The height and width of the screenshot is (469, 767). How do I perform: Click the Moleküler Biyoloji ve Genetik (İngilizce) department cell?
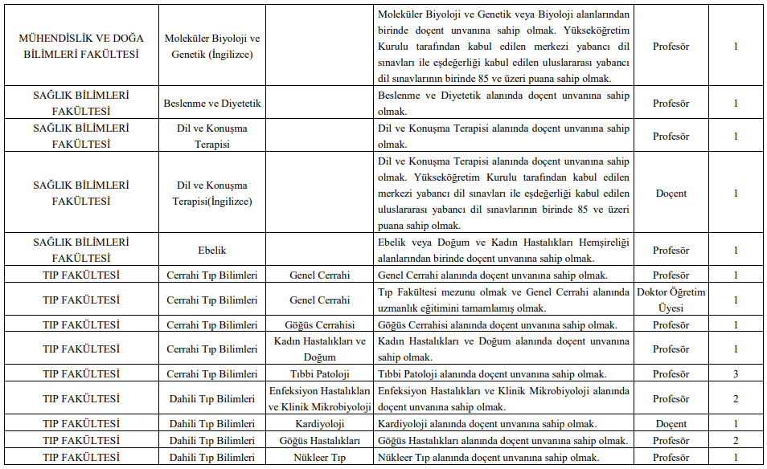[x=212, y=47]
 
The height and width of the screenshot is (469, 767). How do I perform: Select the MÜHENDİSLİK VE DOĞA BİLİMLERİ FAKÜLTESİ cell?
[x=80, y=47]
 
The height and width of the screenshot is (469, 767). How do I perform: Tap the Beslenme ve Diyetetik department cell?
[x=212, y=104]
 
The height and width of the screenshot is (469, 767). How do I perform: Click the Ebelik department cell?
[x=212, y=250]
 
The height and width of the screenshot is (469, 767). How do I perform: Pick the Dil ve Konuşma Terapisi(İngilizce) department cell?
[x=212, y=194]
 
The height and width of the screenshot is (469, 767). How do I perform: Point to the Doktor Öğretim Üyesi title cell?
[x=671, y=300]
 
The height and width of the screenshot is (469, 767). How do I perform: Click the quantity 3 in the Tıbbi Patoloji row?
[x=735, y=374]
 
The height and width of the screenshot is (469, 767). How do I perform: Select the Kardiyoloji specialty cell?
[x=319, y=424]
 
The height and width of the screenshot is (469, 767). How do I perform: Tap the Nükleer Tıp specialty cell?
[x=319, y=458]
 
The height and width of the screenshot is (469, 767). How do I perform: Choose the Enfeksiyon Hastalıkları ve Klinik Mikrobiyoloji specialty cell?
[x=319, y=399]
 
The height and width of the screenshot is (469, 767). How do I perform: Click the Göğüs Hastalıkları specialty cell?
[x=319, y=441]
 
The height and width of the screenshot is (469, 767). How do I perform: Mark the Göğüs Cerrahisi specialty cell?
[x=319, y=325]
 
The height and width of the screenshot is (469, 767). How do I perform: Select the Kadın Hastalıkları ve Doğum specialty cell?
[x=319, y=349]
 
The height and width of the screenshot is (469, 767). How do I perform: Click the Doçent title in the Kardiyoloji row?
[x=671, y=424]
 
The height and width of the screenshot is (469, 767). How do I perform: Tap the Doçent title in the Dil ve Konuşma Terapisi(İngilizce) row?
[x=671, y=194]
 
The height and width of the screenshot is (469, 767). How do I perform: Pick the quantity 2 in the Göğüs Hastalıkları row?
[x=735, y=441]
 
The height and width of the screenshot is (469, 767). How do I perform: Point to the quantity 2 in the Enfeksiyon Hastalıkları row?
[x=735, y=399]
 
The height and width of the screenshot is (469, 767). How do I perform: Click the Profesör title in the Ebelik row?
[x=671, y=250]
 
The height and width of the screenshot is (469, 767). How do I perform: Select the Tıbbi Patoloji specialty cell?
[x=319, y=374]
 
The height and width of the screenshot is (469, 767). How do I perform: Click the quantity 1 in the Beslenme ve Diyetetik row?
[x=735, y=104]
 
